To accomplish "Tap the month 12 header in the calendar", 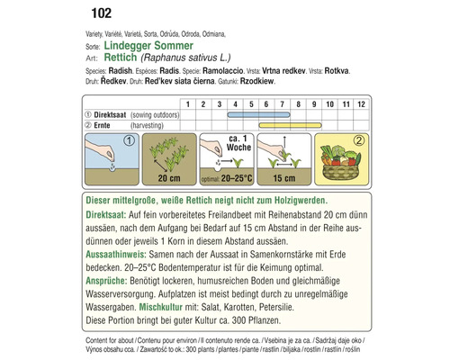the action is tap(360, 104).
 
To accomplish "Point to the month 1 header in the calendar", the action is tap(189, 104).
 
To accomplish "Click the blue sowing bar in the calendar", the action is tap(260, 116).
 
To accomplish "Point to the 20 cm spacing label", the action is tap(170, 181).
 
